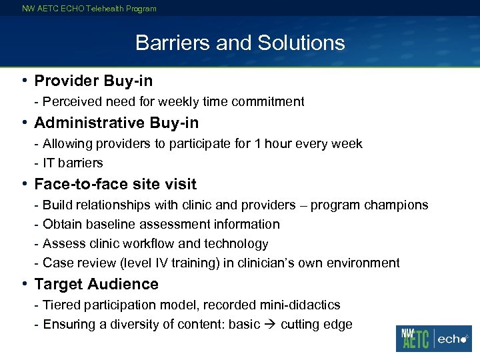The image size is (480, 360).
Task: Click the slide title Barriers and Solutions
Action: [x=240, y=43]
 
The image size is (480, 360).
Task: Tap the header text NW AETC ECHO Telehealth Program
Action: [x=89, y=9]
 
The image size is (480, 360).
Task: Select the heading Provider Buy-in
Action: [x=93, y=81]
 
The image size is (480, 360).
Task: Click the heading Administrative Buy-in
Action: [x=116, y=123]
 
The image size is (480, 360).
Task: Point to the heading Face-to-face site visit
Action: [x=115, y=184]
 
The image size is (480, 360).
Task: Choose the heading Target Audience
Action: [x=96, y=284]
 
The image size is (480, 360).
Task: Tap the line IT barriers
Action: [x=73, y=163]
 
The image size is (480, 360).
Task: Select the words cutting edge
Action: [x=316, y=325]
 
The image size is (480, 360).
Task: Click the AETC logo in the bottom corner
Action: [x=413, y=339]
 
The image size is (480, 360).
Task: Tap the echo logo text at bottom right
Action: [x=453, y=339]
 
